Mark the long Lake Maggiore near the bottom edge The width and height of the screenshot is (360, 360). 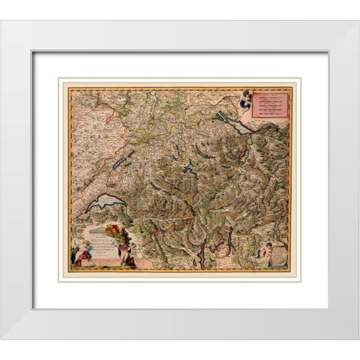click(x=200, y=255)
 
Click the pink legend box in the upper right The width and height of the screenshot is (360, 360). click(x=271, y=104)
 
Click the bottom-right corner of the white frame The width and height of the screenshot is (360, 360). click(x=357, y=338)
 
